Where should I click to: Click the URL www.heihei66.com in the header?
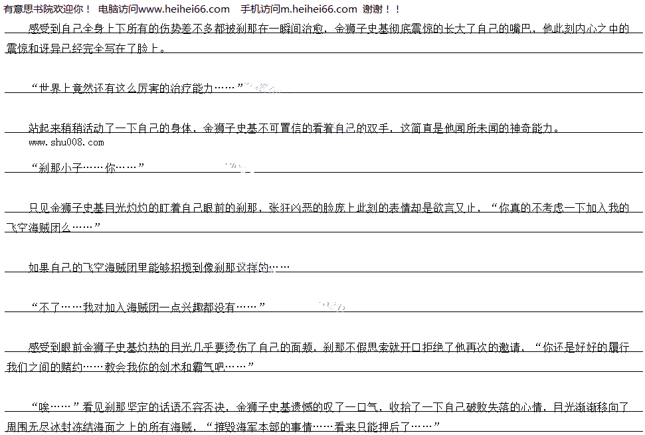pos(185,9)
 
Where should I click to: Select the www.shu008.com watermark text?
pos(66,142)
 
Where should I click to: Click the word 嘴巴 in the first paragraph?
pos(517,29)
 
